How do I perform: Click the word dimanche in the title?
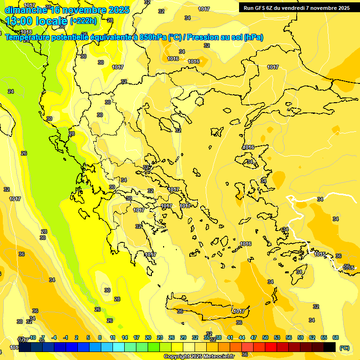[26, 10]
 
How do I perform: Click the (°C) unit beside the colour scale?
[345, 348]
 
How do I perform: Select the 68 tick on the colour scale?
[336, 337]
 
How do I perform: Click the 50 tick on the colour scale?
[265, 337]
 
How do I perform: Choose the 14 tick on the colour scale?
[125, 337]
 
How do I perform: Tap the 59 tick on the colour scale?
[300, 337]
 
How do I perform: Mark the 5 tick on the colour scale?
[88, 337]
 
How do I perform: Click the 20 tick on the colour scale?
[148, 337]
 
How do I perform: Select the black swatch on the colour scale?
[330, 347]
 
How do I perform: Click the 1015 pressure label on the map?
[320, 255]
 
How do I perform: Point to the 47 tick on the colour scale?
[254, 337]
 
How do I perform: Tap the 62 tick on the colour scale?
[312, 337]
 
